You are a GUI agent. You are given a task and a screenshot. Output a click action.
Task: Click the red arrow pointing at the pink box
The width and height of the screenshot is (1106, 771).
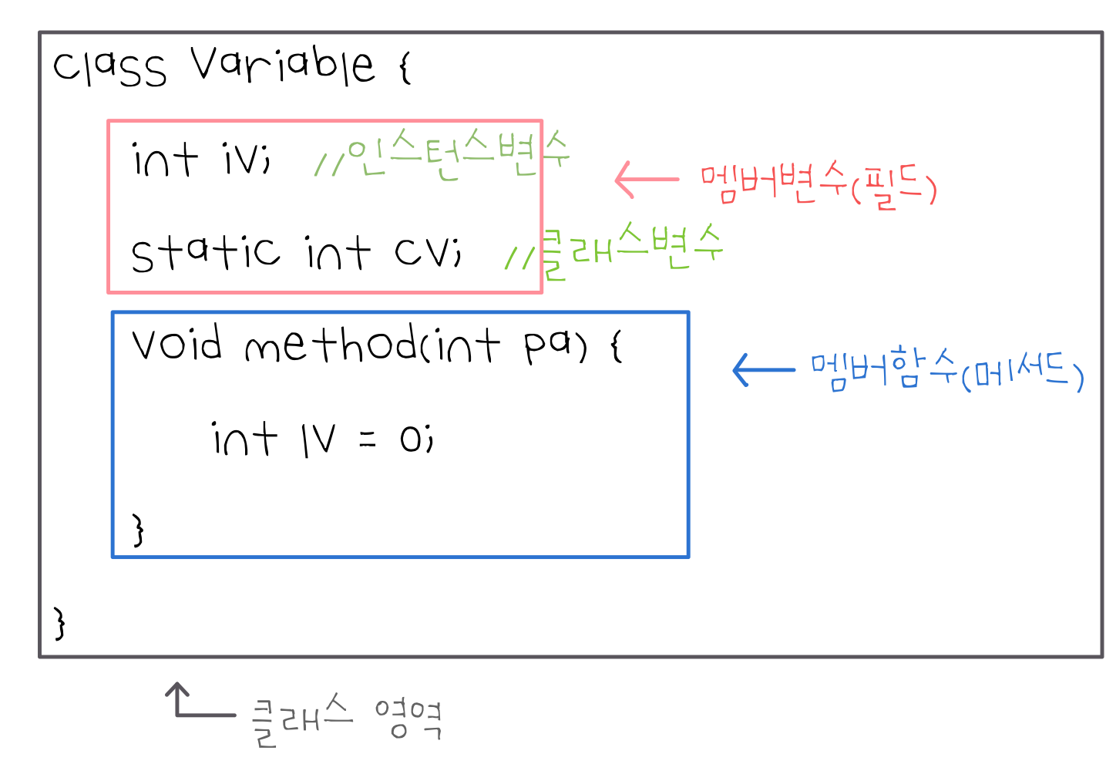646,180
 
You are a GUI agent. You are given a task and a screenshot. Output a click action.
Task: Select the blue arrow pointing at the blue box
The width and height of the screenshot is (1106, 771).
763,370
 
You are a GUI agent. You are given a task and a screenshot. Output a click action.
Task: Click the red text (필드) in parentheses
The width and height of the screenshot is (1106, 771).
894,187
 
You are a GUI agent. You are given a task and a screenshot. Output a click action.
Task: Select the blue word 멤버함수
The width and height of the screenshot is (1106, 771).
883,368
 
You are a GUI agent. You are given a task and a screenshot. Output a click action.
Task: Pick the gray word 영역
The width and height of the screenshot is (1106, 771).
408,719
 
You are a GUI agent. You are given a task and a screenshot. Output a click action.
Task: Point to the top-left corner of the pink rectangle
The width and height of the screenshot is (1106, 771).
109,121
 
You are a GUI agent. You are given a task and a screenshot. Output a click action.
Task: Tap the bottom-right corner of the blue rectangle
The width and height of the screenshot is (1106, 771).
688,557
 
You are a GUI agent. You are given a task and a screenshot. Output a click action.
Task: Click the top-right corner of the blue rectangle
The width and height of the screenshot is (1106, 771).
688,312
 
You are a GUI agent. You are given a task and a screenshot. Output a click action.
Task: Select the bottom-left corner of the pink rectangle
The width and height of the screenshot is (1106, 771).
109,292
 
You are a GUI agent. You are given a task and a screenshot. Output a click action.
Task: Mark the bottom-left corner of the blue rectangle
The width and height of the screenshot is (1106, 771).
113,557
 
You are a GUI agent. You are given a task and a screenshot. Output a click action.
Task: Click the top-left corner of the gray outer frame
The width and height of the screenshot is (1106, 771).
40,32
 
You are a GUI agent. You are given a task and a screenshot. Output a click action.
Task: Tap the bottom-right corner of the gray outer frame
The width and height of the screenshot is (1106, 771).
1103,657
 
